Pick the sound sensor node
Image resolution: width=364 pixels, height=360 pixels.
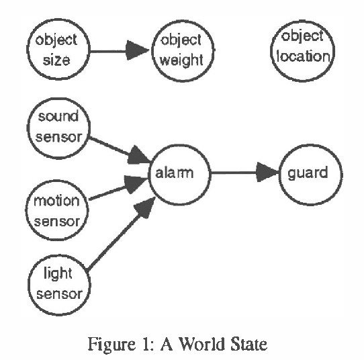pyautogui.click(x=57, y=126)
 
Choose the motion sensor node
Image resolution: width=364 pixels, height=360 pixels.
pyautogui.click(x=56, y=210)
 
